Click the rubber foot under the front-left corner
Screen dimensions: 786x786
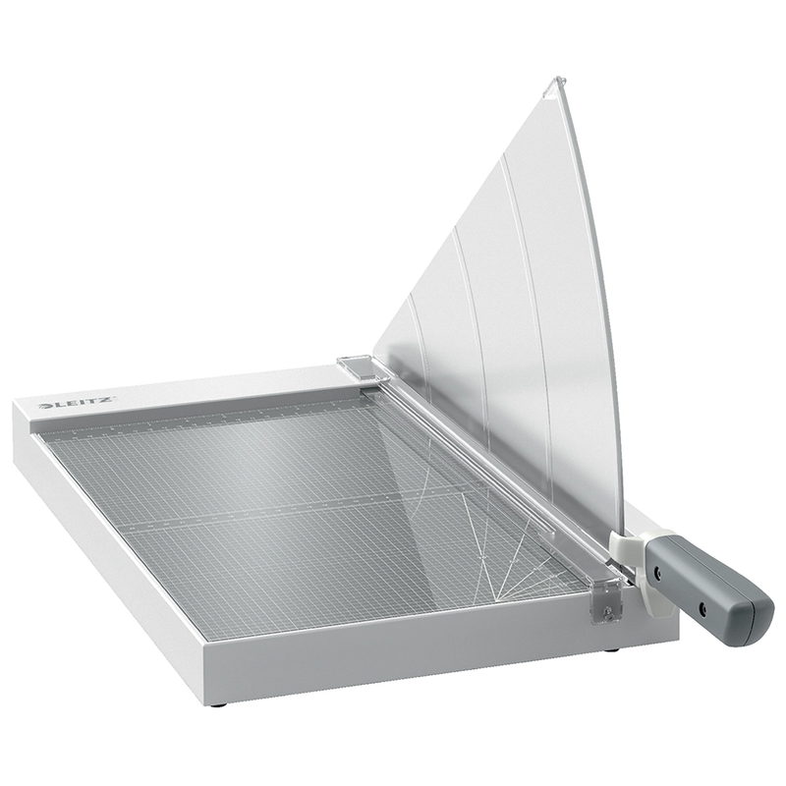click(x=217, y=704)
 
